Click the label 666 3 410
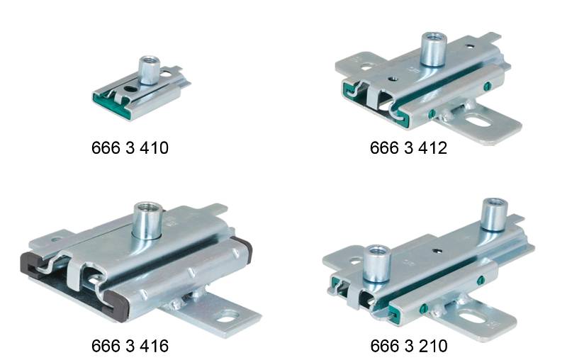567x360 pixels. pyautogui.click(x=130, y=149)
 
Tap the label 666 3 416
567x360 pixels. pyautogui.click(x=130, y=347)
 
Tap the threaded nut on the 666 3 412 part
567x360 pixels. pyautogui.click(x=431, y=47)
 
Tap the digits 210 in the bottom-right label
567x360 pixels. pyautogui.click(x=432, y=347)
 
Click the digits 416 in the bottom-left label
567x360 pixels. pyautogui.click(x=153, y=347)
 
